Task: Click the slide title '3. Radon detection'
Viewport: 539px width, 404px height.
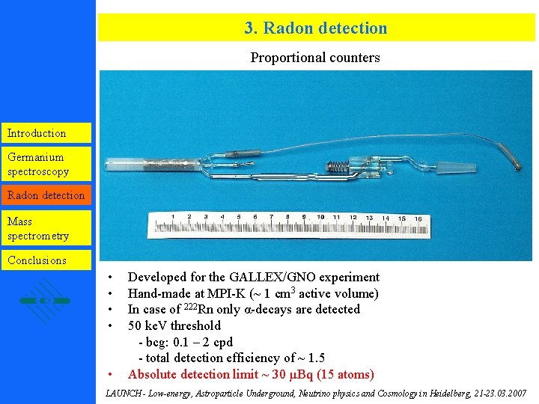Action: click(315, 28)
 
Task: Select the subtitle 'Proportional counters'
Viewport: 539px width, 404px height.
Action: click(315, 58)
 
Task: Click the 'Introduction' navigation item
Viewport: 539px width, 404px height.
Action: click(37, 133)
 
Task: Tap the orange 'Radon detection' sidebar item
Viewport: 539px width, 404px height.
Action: click(46, 195)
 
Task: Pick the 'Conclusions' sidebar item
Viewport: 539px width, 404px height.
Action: click(37, 260)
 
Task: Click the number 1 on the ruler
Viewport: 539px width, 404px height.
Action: click(172, 217)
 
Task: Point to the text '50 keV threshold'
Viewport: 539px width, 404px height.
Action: click(174, 325)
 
